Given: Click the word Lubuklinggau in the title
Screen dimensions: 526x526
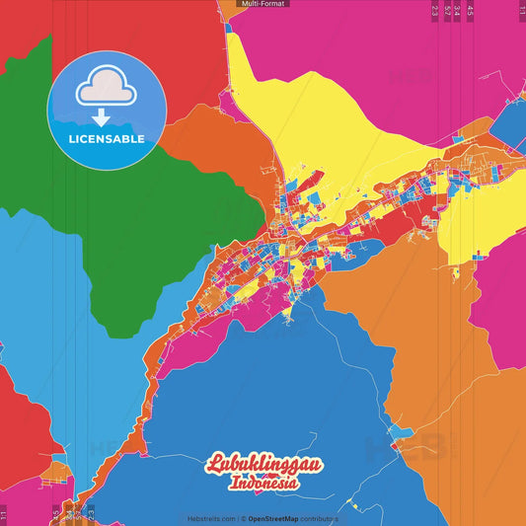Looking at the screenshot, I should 263,464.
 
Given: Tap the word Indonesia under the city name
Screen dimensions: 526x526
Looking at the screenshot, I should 263,484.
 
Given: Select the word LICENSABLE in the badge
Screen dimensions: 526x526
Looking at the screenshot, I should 107,139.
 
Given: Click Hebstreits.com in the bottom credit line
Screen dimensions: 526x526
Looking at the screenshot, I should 211,518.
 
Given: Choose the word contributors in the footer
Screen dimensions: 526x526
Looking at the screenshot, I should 321,518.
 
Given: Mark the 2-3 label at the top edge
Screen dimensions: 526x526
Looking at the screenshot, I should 434,12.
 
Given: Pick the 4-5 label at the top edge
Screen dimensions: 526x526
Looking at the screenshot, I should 470,12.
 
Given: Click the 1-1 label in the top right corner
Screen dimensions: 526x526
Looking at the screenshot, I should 521,10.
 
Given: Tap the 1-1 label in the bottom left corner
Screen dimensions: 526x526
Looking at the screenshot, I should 4,514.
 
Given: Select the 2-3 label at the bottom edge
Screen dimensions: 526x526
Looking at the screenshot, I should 91,514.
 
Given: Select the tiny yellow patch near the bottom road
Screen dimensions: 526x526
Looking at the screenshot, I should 352,506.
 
